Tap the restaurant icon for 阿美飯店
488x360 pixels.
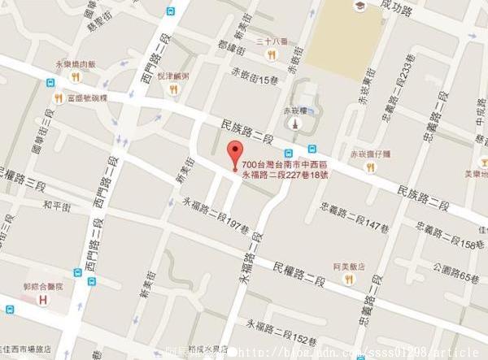pyautogui.click(x=349, y=278)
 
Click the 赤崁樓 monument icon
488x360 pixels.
pyautogui.click(x=293, y=124)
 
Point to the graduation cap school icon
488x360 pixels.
pyautogui.click(x=358, y=7)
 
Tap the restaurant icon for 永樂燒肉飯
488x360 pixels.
pyautogui.click(x=75, y=76)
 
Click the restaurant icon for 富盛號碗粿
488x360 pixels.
pyautogui.click(x=59, y=98)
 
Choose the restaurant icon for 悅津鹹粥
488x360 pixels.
pyautogui.click(x=172, y=88)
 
